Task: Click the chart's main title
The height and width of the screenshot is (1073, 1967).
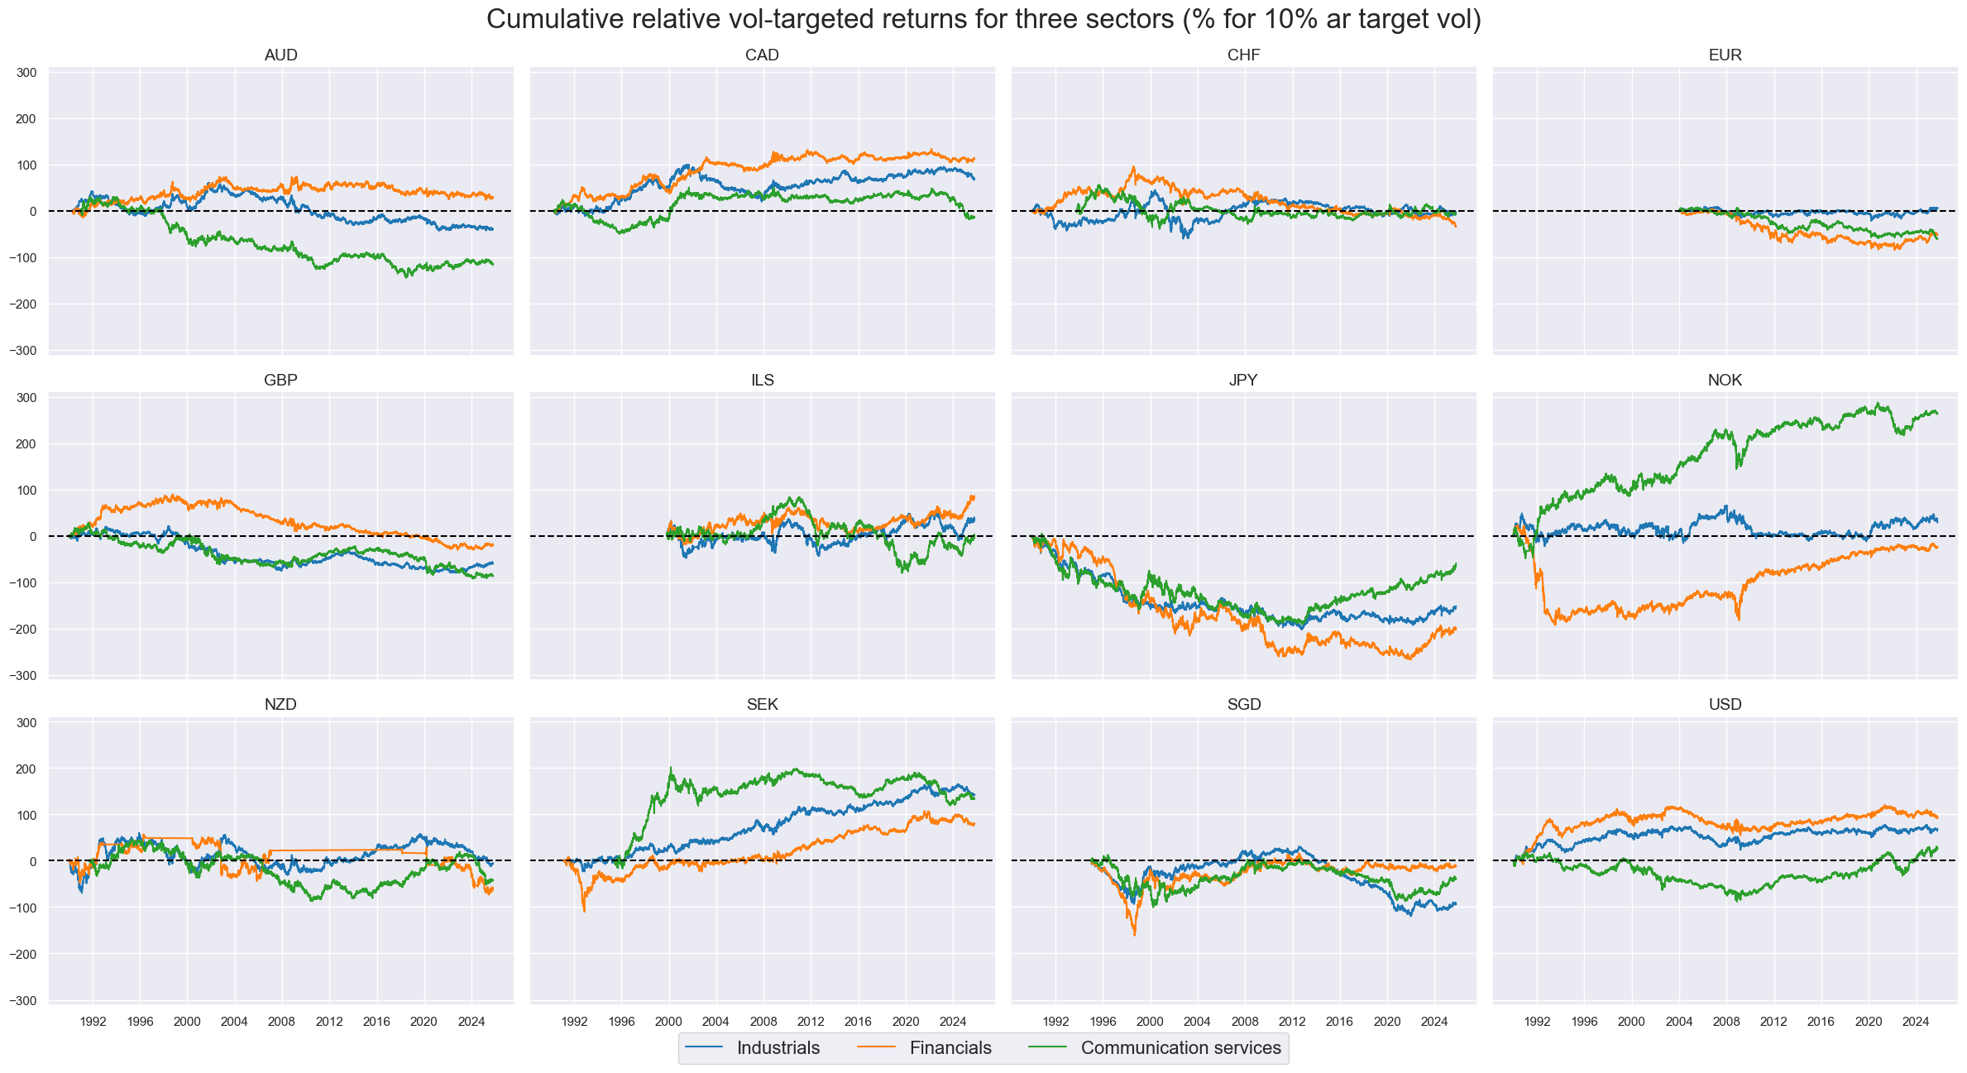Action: [x=983, y=19]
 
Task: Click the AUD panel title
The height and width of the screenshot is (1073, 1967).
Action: [x=280, y=55]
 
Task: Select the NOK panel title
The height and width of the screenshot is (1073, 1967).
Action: [x=1725, y=381]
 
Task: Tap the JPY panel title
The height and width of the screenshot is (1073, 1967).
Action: [x=1243, y=381]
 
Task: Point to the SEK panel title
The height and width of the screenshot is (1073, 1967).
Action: [x=762, y=705]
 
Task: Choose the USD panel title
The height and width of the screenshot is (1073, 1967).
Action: [x=1725, y=705]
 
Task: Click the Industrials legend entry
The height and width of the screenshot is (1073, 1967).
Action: [x=778, y=1048]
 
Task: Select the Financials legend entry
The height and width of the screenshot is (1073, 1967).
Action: [x=950, y=1048]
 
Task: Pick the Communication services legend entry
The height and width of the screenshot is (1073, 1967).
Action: [x=1180, y=1048]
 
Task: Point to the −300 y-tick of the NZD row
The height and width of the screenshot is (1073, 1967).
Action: [x=23, y=1001]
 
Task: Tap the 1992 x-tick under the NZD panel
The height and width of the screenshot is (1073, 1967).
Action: [x=93, y=1021]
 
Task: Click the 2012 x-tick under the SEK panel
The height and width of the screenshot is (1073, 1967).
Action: [x=811, y=1021]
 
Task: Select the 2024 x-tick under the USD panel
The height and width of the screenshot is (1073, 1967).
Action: [x=1916, y=1021]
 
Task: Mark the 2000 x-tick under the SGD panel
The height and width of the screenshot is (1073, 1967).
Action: [x=1150, y=1021]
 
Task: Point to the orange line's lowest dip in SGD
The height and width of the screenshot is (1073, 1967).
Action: [x=1134, y=935]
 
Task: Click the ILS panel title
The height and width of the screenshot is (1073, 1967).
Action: [x=762, y=381]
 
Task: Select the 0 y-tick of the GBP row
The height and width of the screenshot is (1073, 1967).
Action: [x=33, y=537]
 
